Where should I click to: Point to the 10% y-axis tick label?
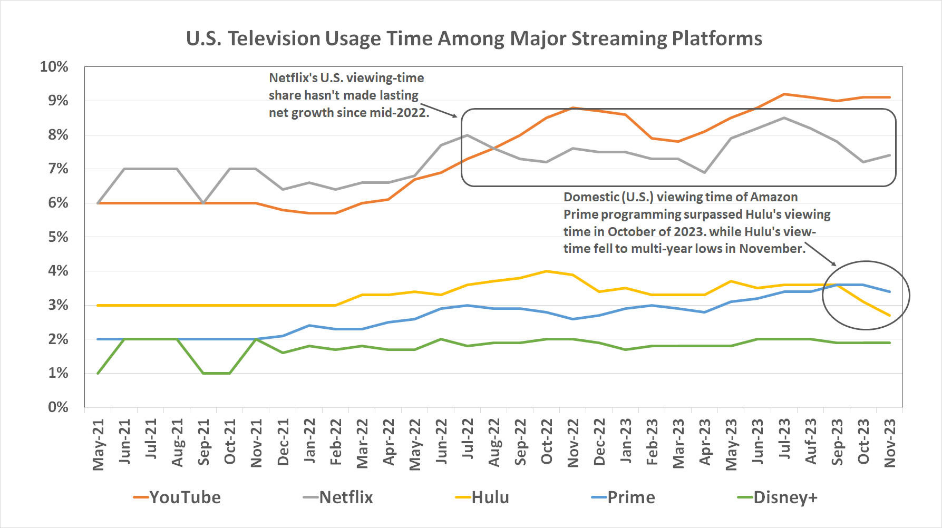tap(54, 67)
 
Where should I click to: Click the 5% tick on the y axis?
tap(58, 237)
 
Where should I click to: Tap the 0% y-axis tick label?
tap(58, 407)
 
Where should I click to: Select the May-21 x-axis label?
tap(98, 444)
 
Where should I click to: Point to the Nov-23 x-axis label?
tap(890, 443)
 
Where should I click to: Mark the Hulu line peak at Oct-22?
tap(547, 271)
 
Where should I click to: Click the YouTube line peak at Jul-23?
tap(784, 94)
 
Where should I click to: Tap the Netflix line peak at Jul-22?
tap(468, 135)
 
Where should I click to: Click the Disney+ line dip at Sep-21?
tap(203, 373)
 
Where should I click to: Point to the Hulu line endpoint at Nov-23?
tap(890, 316)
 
